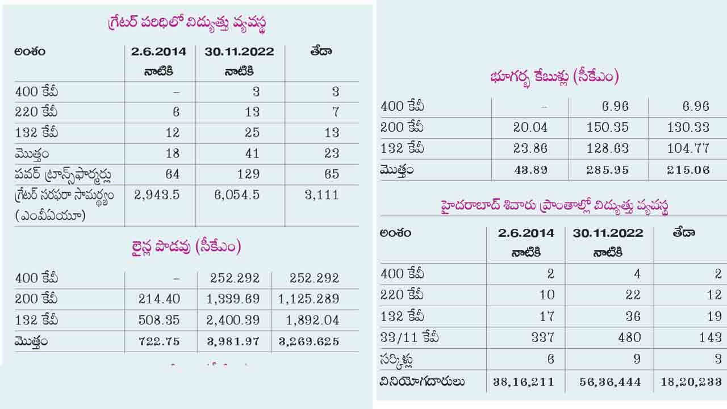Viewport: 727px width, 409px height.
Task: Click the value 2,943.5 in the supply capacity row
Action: pos(157,195)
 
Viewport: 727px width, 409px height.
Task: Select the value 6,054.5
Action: pos(237,195)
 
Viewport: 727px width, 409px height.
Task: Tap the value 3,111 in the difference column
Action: pos(321,195)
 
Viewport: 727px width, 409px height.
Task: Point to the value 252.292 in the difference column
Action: pos(315,278)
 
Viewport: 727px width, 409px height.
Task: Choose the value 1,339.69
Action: pos(233,299)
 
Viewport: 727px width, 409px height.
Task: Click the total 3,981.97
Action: pos(233,341)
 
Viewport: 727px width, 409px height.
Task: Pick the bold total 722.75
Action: pos(158,341)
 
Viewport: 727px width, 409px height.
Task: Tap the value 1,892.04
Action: pos(312,320)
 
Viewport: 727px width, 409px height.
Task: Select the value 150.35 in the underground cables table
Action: pos(608,128)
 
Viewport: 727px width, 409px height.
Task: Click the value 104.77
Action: pos(688,149)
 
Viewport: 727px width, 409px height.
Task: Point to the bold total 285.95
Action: pos(608,170)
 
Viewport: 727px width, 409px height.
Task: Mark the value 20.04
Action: pos(530,128)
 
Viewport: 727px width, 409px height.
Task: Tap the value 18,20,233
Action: pos(691,382)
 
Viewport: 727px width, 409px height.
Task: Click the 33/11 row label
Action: pos(410,338)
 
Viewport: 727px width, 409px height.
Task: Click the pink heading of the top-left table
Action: pos(187,23)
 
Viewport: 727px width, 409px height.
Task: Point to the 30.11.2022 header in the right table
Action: pos(608,233)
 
